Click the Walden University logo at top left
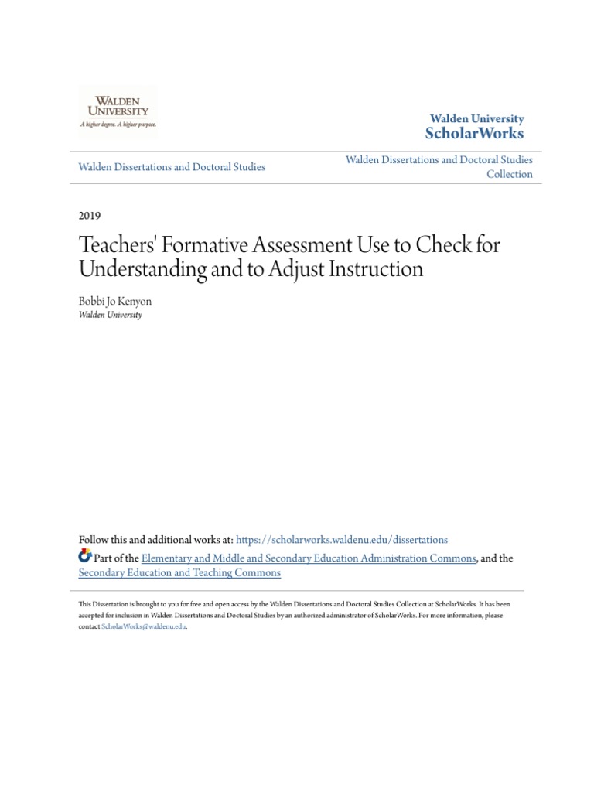point(118,111)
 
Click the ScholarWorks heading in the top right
point(474,134)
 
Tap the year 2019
point(90,216)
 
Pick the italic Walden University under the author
point(111,316)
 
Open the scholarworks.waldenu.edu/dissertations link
point(341,540)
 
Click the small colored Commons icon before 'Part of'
point(85,557)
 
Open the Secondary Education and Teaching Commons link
point(179,573)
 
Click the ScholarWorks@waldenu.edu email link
point(144,627)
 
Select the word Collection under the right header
point(509,174)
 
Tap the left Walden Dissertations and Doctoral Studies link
point(172,166)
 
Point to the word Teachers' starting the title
point(115,245)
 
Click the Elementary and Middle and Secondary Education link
point(308,558)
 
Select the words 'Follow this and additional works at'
point(155,540)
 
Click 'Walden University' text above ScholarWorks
point(477,119)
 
